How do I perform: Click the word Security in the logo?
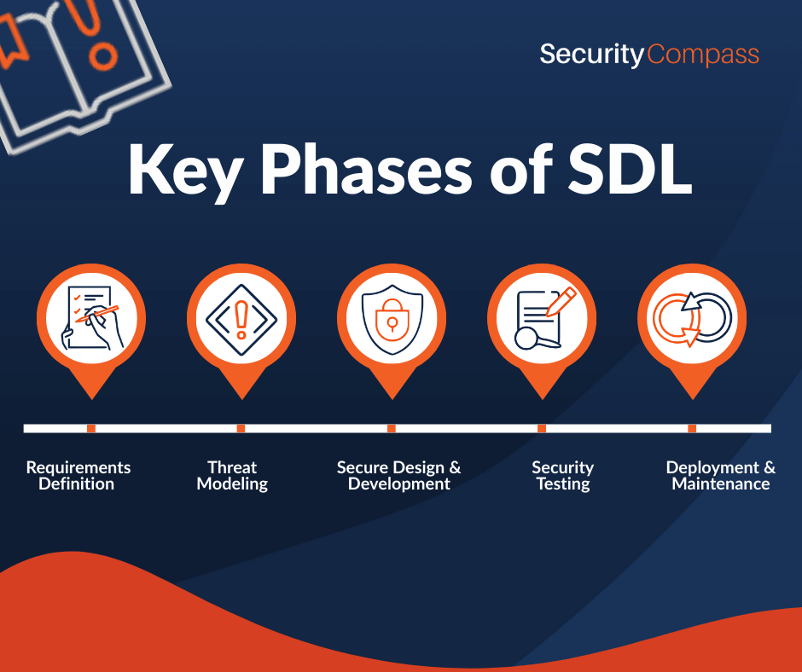[592, 55]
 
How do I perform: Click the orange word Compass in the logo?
[703, 55]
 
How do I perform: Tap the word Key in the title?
[184, 171]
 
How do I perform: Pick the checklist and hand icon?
[91, 318]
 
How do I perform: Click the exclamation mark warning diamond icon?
[241, 320]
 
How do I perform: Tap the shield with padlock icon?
[392, 319]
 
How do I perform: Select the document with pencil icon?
[545, 318]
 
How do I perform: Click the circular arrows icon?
[693, 319]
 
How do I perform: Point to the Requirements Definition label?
[78, 475]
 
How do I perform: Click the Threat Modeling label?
[232, 475]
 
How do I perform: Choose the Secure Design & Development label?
[399, 475]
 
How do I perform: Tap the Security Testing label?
[562, 475]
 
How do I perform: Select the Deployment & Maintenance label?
[721, 475]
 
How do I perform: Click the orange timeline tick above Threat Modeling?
[241, 429]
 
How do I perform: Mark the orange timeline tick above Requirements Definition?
[91, 429]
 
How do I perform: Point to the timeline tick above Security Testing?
[542, 429]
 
